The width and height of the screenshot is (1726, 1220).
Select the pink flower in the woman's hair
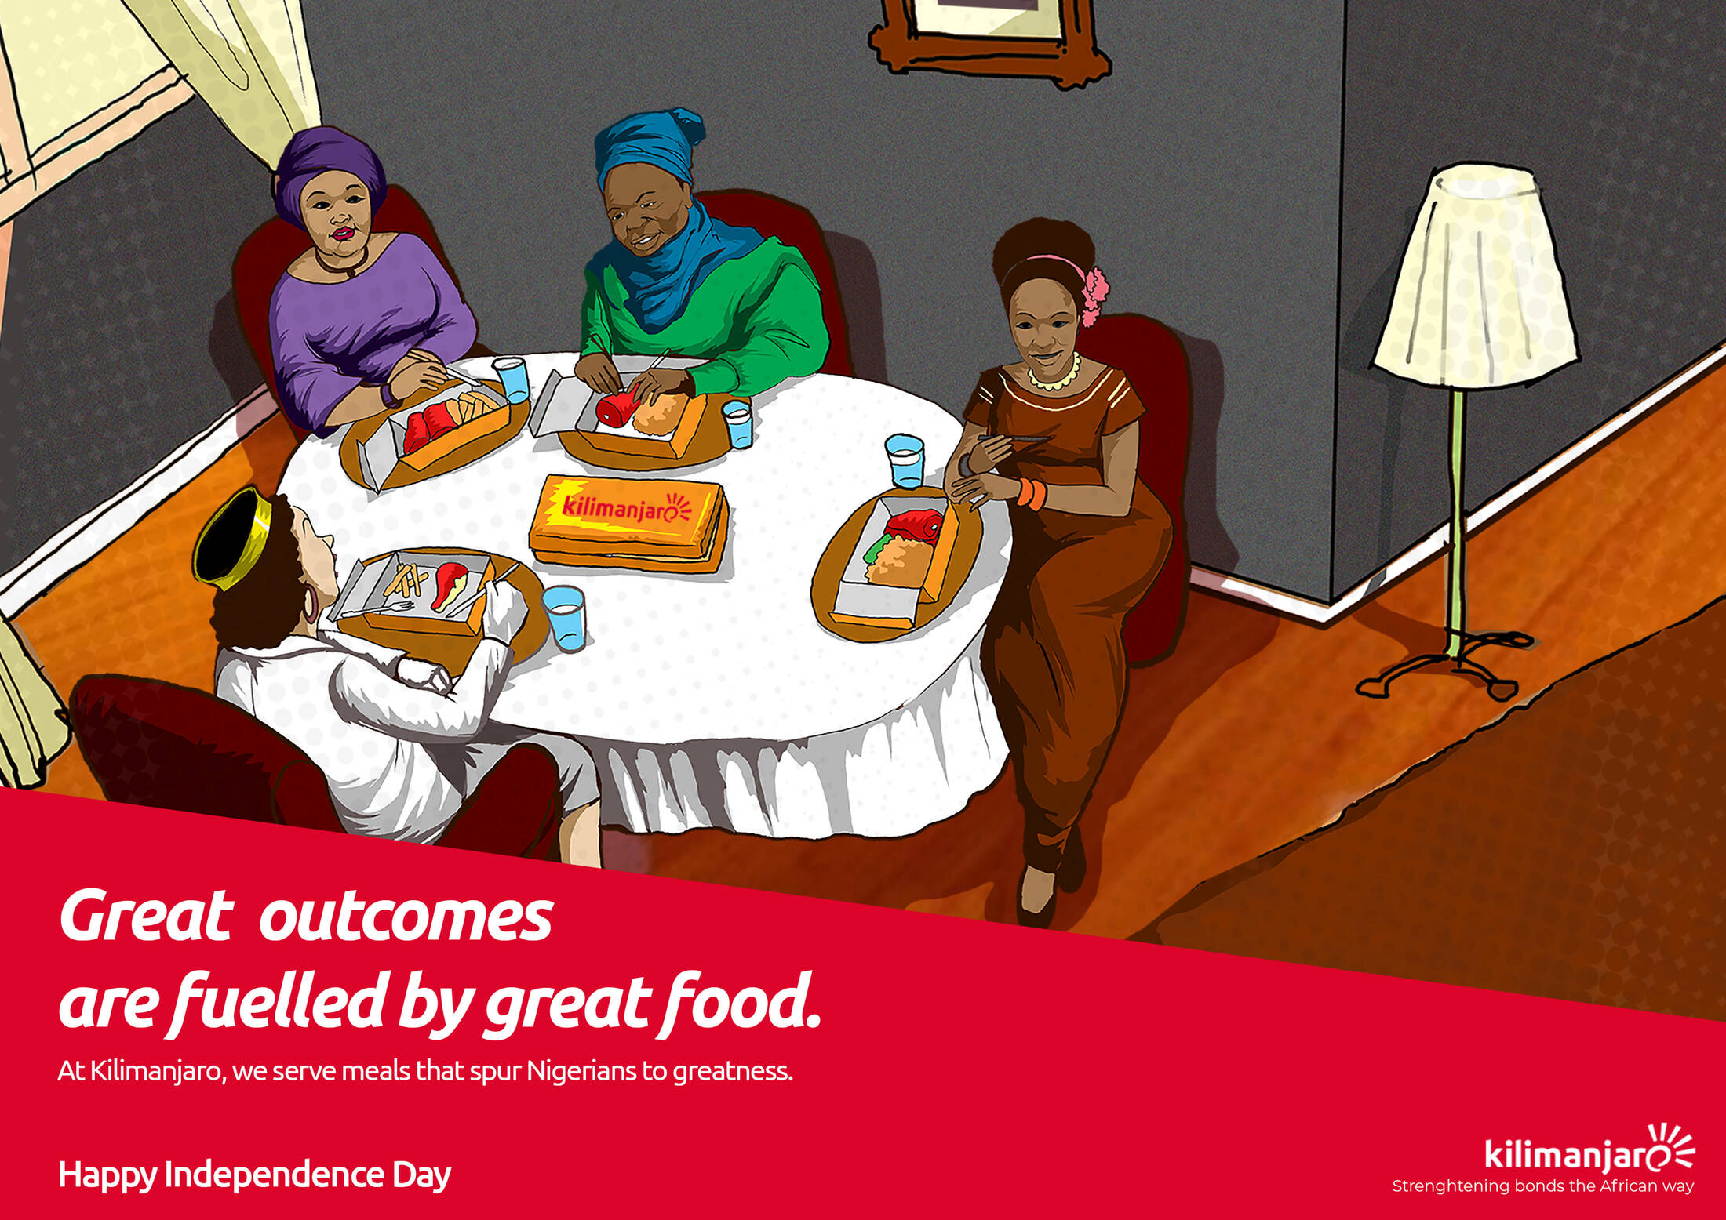click(1094, 295)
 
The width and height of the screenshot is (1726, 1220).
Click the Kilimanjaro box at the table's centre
click(628, 521)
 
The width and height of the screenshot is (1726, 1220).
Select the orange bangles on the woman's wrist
click(1032, 493)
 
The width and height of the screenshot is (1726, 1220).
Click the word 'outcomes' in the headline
click(406, 917)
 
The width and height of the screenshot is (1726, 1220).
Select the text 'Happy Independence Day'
click(255, 1175)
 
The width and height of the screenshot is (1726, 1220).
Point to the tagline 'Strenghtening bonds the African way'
click(1542, 1186)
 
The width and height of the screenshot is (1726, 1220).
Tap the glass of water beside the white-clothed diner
click(565, 618)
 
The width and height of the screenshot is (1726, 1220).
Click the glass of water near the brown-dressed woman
click(905, 461)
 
